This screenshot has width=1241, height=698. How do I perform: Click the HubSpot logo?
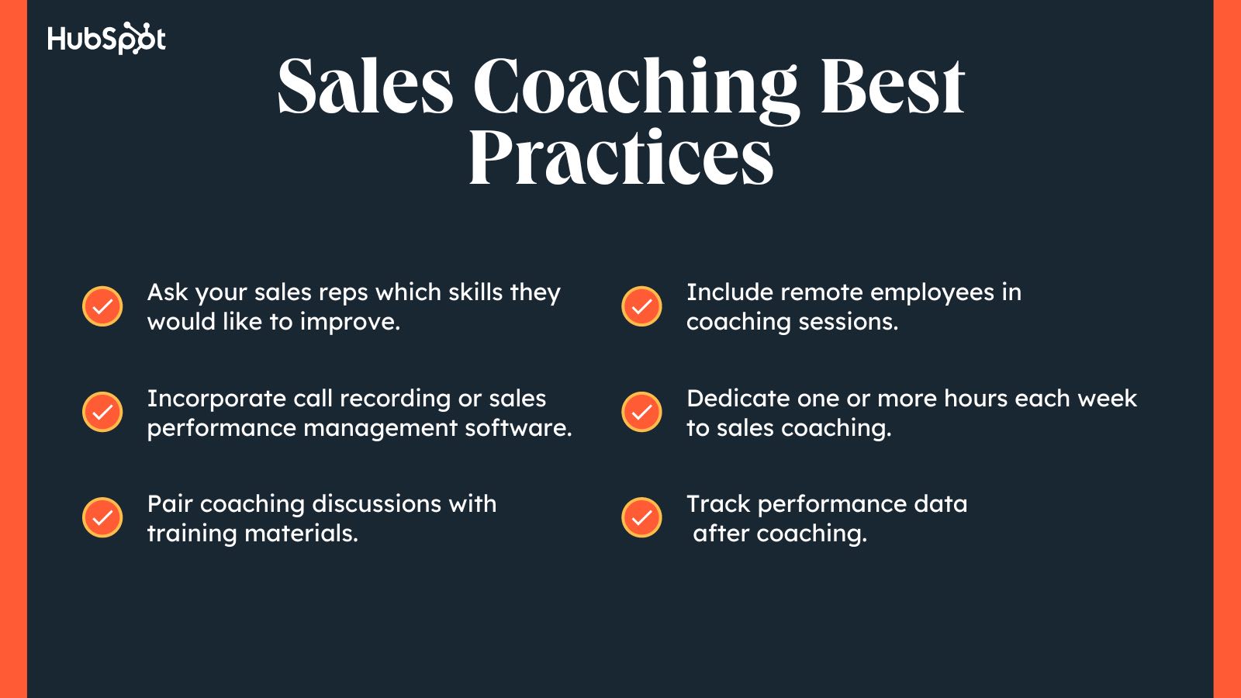106,39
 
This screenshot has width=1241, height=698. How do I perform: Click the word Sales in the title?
365,87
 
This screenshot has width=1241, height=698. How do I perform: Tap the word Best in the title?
892,87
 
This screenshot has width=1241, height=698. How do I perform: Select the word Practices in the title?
620,157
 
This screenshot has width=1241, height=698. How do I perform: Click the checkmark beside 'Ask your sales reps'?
102,306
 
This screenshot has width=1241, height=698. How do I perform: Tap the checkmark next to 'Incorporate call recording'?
102,412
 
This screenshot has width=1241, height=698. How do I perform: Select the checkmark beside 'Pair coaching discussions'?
102,517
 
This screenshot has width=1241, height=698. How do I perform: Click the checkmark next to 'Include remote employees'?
641,306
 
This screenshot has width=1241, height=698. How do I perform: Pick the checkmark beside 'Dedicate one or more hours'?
641,412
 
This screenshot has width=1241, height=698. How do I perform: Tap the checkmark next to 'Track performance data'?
641,517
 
